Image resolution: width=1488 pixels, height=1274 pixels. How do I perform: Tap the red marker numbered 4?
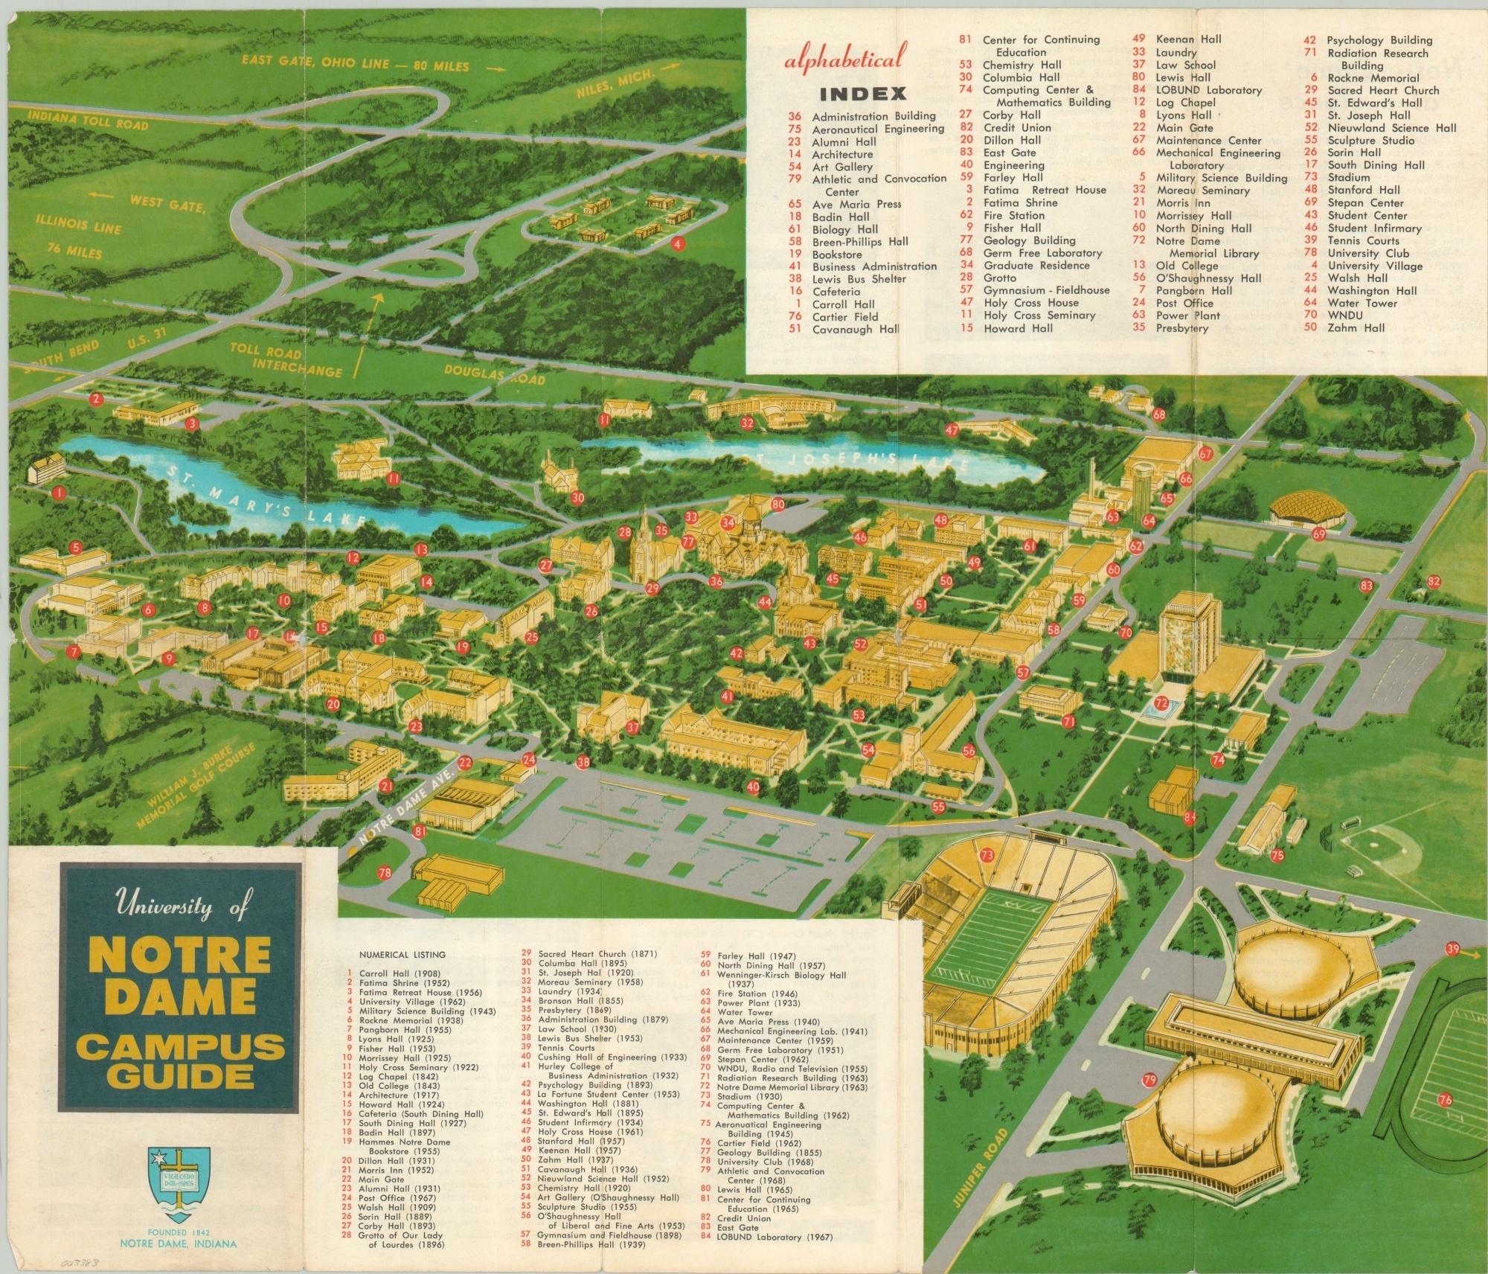point(677,243)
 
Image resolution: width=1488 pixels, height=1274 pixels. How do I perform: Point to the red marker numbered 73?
point(987,855)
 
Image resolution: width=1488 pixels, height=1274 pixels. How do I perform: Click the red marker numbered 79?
point(1149,1080)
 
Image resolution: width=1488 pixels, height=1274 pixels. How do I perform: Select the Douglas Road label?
point(494,374)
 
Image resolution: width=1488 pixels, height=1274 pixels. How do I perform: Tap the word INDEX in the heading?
point(862,94)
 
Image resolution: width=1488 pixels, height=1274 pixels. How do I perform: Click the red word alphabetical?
point(846,57)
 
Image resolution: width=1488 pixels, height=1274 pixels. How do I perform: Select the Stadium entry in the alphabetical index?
point(1348,177)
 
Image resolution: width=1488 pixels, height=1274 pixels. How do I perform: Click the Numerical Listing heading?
point(402,955)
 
